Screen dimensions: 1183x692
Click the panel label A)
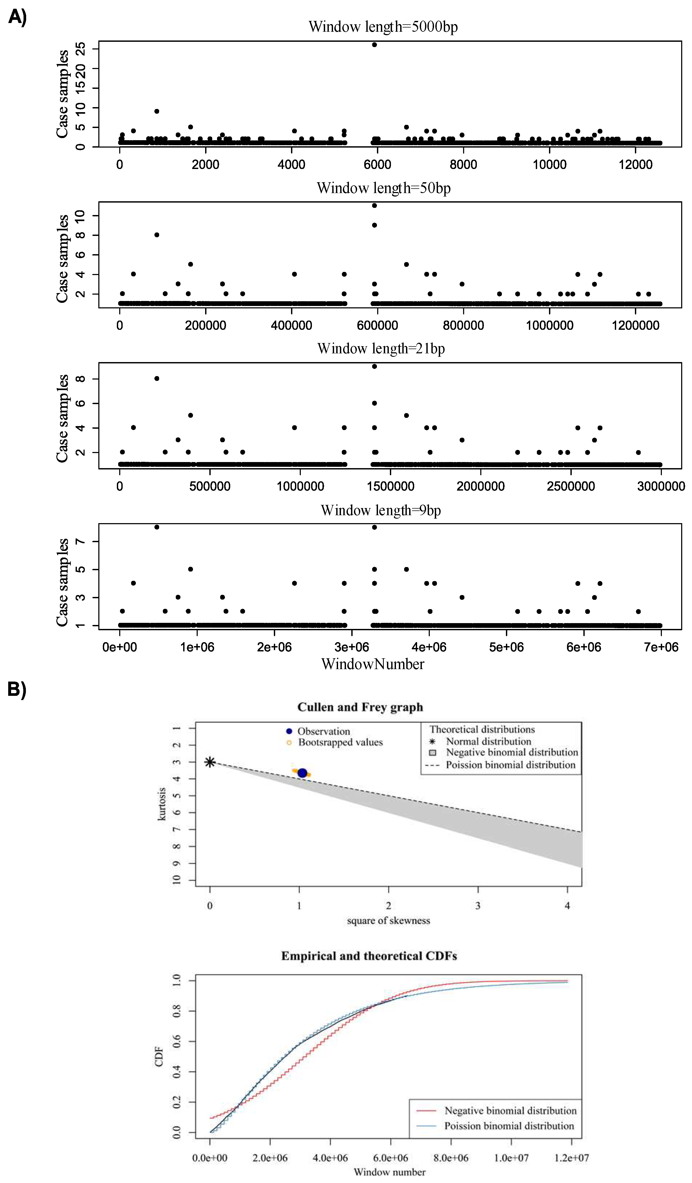[17, 17]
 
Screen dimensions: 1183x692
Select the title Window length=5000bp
[383, 27]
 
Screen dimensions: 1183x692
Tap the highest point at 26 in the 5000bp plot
[374, 45]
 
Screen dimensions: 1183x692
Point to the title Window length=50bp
[383, 188]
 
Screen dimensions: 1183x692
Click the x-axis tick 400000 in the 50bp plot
[291, 325]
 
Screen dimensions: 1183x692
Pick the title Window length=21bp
[381, 349]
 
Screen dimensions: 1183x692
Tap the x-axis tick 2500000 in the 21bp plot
[570, 486]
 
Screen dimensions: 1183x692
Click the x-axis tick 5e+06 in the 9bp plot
[506, 647]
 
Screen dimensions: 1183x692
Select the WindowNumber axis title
[372, 664]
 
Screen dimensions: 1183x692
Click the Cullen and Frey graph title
[360, 707]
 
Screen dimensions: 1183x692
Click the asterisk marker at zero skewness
[210, 762]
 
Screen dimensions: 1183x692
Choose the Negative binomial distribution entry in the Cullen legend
[511, 752]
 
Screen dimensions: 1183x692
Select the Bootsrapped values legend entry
[340, 742]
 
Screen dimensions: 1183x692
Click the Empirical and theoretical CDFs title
[369, 956]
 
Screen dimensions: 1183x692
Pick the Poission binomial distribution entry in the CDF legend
[509, 1126]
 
